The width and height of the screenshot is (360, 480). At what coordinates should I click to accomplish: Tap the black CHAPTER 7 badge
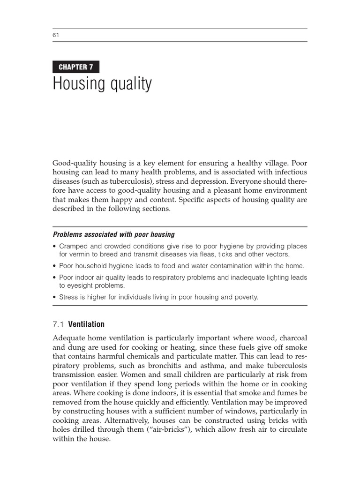76,67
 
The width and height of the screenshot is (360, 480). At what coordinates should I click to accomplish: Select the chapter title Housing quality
102,84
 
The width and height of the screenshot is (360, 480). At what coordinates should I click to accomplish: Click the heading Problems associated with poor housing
113,234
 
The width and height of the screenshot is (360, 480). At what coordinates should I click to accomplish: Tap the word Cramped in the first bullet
73,247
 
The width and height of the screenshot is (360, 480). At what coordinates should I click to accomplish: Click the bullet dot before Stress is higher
55,297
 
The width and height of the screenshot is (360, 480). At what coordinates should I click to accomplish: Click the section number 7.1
58,324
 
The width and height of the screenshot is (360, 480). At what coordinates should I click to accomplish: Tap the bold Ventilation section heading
86,324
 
